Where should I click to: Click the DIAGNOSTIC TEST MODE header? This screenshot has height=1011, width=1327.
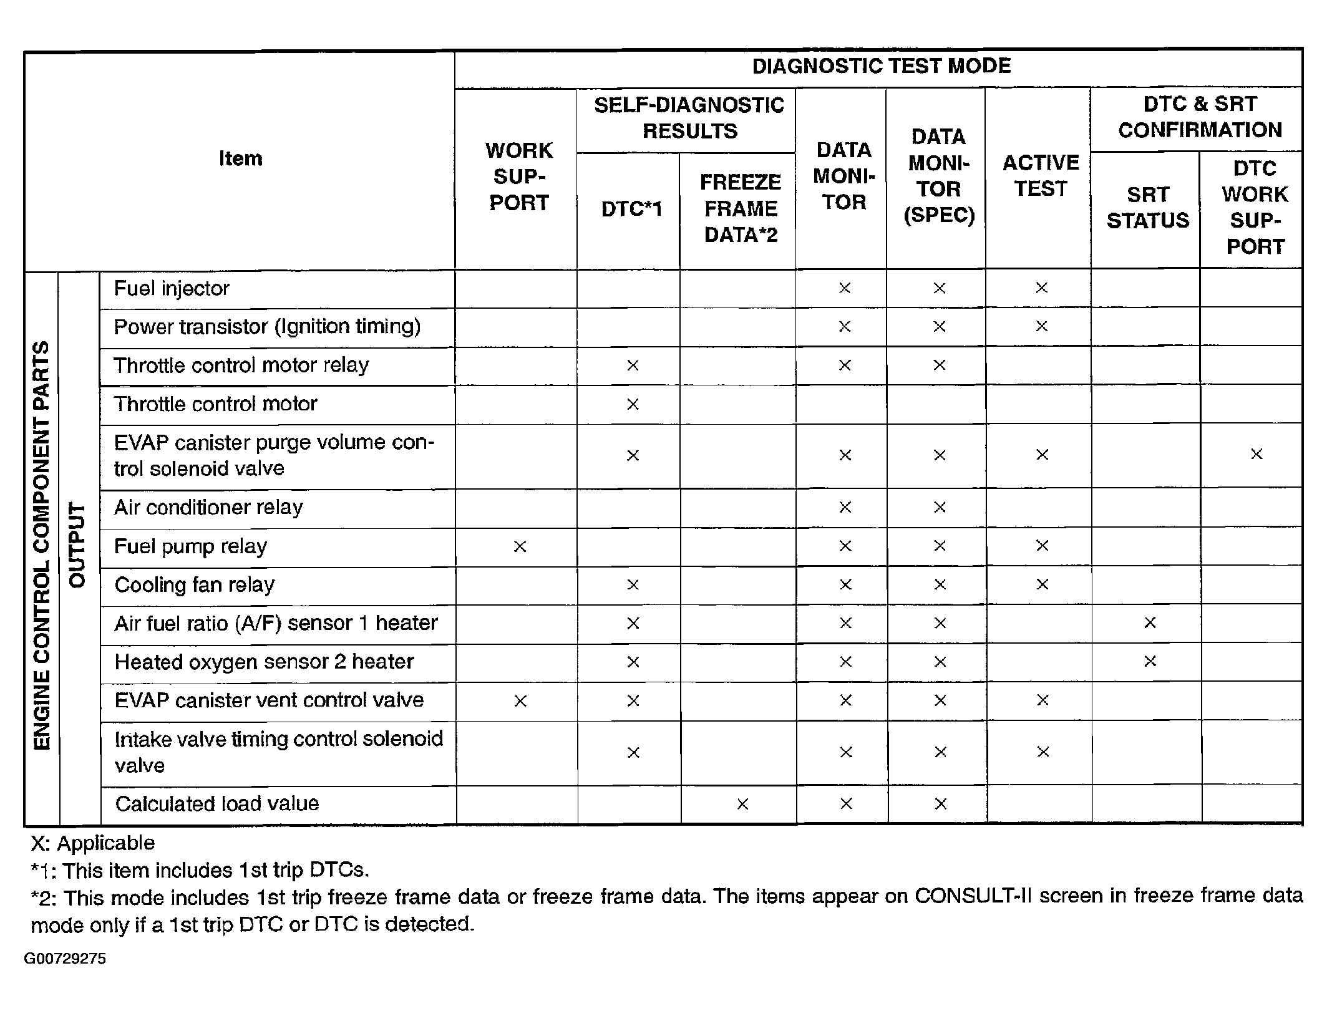click(880, 66)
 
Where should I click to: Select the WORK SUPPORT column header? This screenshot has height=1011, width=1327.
click(518, 177)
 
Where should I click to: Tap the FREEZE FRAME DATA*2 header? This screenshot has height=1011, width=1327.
click(741, 208)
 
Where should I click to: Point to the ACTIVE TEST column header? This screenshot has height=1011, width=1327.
click(1041, 175)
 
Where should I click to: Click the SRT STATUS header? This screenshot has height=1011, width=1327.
click(1147, 208)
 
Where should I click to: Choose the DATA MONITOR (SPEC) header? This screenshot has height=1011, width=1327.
click(938, 176)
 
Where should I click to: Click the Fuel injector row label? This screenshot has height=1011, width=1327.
click(172, 289)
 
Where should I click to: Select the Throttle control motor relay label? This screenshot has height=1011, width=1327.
click(241, 365)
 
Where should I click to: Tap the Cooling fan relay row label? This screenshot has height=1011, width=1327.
click(194, 585)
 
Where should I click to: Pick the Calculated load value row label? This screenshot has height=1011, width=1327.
click(216, 804)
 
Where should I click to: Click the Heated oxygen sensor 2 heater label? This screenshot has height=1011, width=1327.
click(264, 662)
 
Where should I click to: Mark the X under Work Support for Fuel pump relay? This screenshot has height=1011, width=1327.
click(519, 546)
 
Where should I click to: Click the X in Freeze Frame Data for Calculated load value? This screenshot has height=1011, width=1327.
click(742, 804)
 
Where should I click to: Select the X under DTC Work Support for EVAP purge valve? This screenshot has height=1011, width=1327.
click(1256, 454)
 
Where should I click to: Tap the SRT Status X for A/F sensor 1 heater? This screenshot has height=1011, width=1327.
click(1149, 622)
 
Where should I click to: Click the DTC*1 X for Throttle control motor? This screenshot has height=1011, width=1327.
click(632, 404)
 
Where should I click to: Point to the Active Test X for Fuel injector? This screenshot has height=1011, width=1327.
click(1041, 288)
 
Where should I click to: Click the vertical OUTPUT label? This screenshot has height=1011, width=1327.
click(76, 545)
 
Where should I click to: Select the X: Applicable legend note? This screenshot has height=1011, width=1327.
click(92, 843)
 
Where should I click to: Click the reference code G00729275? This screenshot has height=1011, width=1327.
click(65, 959)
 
